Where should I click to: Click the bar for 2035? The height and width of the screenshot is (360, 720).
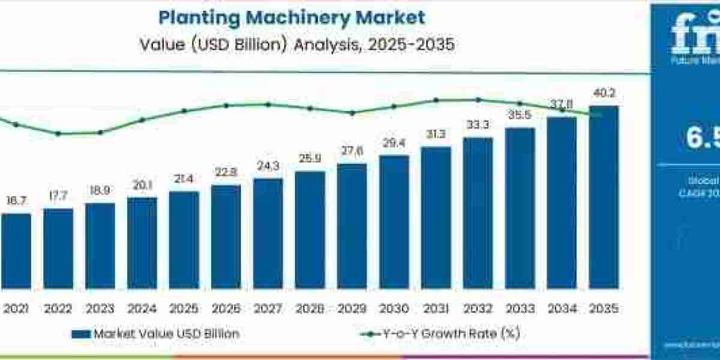click(604, 197)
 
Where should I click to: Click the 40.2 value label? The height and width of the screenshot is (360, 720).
click(604, 94)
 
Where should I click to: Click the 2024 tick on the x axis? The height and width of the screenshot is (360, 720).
click(142, 309)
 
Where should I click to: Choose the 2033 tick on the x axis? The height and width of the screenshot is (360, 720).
click(520, 309)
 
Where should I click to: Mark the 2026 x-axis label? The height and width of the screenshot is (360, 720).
click(226, 309)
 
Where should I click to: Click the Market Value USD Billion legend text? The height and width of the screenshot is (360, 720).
click(166, 334)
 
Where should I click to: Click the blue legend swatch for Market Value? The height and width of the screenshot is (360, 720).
click(80, 334)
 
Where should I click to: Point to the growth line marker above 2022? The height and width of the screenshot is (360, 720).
click(58, 133)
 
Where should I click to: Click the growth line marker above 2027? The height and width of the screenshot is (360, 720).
click(268, 104)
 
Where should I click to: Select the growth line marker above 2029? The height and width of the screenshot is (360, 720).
click(352, 113)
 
